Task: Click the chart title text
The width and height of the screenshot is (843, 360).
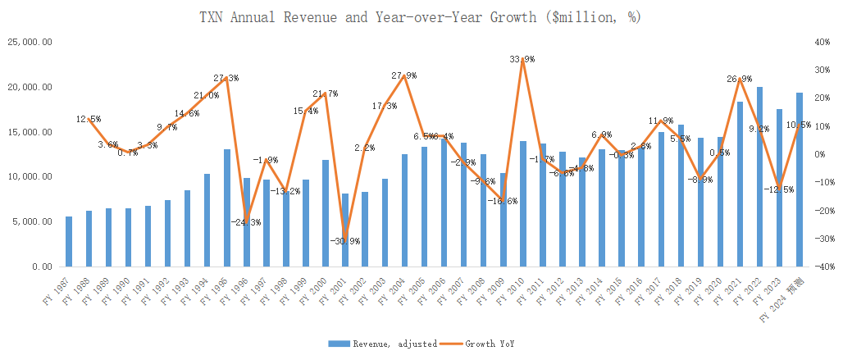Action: (x=421, y=16)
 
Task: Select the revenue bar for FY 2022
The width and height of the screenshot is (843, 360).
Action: (x=760, y=176)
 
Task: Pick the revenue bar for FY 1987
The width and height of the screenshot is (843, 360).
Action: (x=69, y=241)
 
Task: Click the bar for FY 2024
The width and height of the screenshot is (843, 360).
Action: (x=800, y=180)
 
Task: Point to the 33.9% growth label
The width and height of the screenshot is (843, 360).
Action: (x=522, y=59)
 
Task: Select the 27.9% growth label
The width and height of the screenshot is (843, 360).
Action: (x=403, y=75)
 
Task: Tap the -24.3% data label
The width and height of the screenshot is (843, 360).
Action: (x=246, y=222)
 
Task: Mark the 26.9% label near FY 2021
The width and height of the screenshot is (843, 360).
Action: (x=740, y=79)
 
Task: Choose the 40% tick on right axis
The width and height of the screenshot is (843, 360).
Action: (x=822, y=42)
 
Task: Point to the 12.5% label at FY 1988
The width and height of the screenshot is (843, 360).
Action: (x=89, y=119)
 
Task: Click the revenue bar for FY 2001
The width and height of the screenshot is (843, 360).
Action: (x=345, y=230)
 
